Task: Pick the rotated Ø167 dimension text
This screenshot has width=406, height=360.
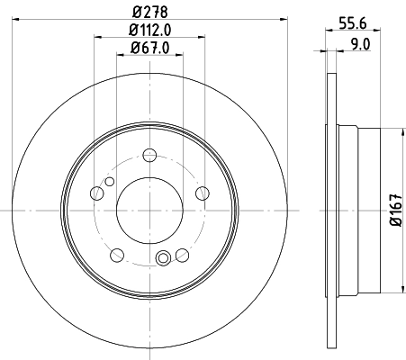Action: click(394, 211)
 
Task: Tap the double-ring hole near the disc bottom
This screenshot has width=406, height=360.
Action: click(163, 261)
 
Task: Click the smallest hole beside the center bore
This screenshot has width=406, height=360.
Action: click(110, 182)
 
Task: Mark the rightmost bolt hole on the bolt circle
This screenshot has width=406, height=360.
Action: click(203, 191)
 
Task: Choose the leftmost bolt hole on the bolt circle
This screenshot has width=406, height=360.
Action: click(96, 191)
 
